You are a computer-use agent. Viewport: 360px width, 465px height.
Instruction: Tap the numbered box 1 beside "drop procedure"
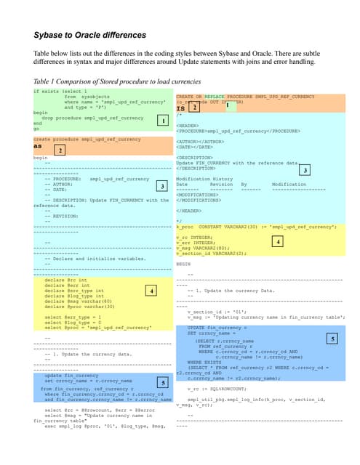[163, 119]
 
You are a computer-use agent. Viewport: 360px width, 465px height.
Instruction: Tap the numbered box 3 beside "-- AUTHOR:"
[162, 187]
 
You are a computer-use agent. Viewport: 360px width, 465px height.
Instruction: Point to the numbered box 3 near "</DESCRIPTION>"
[305, 169]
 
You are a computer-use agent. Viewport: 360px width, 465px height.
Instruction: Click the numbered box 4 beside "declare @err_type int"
[150, 291]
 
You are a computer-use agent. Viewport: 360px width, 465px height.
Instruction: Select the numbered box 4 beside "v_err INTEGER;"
[278, 241]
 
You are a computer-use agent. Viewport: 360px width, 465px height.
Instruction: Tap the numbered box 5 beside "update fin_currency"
[164, 382]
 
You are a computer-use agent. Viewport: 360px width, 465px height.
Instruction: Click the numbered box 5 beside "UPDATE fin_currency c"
[332, 339]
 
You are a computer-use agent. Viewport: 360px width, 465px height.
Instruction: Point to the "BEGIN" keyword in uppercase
[183, 264]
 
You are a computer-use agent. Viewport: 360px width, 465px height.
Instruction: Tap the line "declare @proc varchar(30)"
[80, 308]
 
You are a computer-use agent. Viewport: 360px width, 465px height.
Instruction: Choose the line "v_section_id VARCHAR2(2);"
[211, 253]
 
